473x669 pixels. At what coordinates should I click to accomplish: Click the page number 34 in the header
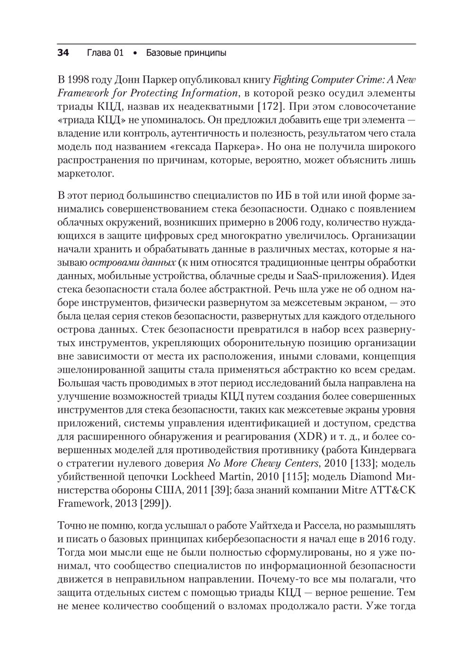tap(63, 53)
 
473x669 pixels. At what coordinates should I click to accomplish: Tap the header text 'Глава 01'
tap(105, 53)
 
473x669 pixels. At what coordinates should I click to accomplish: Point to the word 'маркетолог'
tap(85, 174)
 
